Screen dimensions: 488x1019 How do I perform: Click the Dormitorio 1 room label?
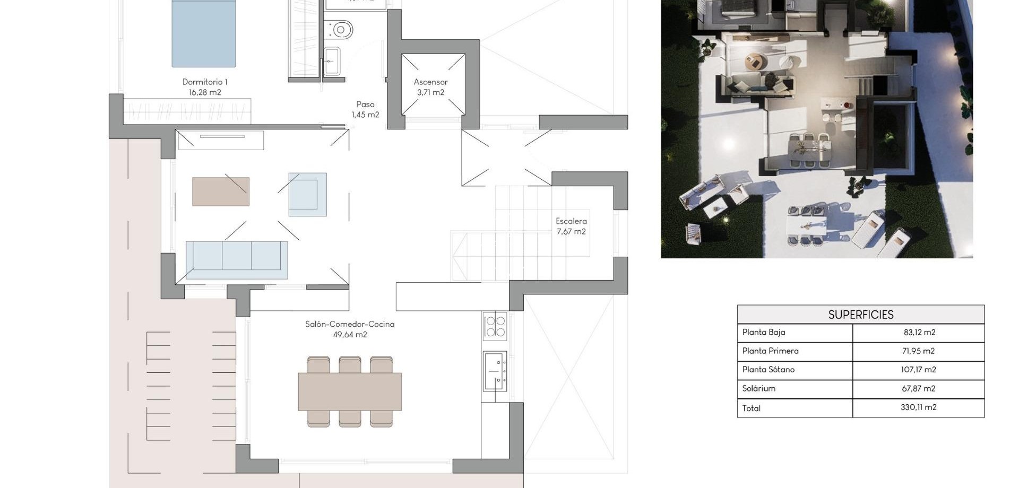pyautogui.click(x=205, y=87)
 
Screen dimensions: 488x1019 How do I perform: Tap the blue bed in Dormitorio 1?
pyautogui.click(x=203, y=34)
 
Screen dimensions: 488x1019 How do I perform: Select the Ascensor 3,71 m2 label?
pyautogui.click(x=430, y=87)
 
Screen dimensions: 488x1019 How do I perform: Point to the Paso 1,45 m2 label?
pyautogui.click(x=365, y=109)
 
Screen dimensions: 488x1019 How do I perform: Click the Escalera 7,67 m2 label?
pyautogui.click(x=571, y=226)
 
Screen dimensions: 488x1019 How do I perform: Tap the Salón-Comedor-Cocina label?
pyautogui.click(x=350, y=329)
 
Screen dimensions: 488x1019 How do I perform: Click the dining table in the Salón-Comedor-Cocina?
pyautogui.click(x=350, y=391)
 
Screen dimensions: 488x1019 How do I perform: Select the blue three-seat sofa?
pyautogui.click(x=237, y=260)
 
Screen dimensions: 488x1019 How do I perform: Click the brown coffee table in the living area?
pyautogui.click(x=221, y=191)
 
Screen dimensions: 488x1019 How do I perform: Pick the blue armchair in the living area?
pyautogui.click(x=307, y=194)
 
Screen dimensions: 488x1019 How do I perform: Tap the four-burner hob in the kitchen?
pyautogui.click(x=495, y=326)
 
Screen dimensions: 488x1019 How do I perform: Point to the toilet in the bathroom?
pyautogui.click(x=340, y=30)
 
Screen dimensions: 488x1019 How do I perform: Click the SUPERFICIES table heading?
pyautogui.click(x=860, y=315)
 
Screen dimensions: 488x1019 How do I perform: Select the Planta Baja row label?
pyautogui.click(x=763, y=333)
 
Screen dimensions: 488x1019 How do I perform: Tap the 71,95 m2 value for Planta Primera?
pyautogui.click(x=918, y=351)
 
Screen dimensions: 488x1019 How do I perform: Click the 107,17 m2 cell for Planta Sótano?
pyautogui.click(x=918, y=370)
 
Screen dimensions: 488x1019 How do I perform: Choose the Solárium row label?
pyautogui.click(x=758, y=389)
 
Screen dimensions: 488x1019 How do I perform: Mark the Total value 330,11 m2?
pyautogui.click(x=918, y=407)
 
